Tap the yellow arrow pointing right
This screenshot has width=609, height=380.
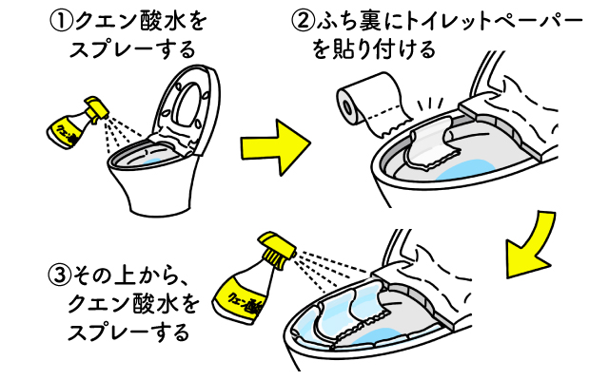(x=274, y=146)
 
